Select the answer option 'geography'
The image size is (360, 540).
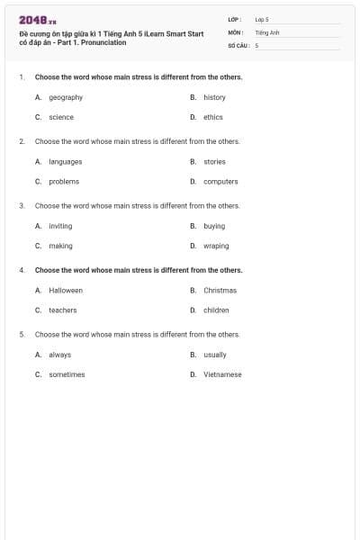pos(66,97)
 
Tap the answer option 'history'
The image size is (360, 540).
pos(214,97)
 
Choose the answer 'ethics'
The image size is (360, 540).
pos(212,117)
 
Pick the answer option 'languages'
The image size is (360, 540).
pos(66,162)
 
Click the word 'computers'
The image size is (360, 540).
pos(220,182)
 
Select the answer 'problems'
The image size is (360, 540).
pos(64,182)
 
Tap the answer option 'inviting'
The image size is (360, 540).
pos(60,226)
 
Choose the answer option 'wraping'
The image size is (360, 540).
pos(216,246)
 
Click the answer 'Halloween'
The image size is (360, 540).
pos(66,291)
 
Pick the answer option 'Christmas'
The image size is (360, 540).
pos(220,291)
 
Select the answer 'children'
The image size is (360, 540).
pos(216,310)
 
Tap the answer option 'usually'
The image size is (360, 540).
pos(215,355)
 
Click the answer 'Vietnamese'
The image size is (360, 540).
pos(222,374)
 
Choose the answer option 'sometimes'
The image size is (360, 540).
pos(67,374)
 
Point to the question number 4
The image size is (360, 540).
pos(21,270)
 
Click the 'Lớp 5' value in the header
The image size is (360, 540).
pos(262,19)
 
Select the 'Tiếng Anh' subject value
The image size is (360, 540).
pos(267,31)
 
